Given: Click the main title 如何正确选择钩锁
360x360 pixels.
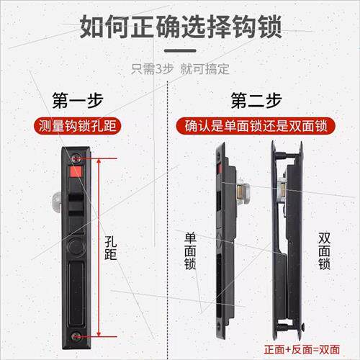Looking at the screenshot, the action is tap(181, 27).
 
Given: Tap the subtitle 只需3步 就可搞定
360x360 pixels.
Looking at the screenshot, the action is tap(180, 69).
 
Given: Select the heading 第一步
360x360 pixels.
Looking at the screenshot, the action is tap(78, 100).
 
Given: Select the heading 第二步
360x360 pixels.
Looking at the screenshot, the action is tap(256, 100).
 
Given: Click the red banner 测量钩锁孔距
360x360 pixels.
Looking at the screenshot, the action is tap(77, 126).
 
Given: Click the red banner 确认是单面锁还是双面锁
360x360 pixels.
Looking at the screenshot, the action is tap(256, 126).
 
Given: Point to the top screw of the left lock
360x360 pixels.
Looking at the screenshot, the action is tap(76, 158).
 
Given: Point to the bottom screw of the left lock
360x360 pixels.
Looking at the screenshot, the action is tap(76, 336).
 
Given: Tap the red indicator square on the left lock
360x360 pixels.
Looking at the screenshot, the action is tap(76, 171).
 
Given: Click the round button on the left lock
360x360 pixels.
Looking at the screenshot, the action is tap(76, 246).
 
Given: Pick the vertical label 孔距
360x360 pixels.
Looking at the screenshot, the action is tap(111, 248).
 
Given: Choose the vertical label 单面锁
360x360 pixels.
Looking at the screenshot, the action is tap(190, 251).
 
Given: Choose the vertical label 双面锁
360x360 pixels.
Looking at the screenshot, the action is tap(324, 251).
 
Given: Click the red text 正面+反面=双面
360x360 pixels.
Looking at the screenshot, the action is tap(302, 349).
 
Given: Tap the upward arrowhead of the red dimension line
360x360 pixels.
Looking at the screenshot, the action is tap(99, 161).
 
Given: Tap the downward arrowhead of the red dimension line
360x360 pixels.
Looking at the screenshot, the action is tap(99, 333).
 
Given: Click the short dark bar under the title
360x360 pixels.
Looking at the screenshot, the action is tap(180, 50).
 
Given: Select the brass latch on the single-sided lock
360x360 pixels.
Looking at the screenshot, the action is tap(240, 194).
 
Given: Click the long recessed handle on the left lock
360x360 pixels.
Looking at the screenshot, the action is tap(76, 294).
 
